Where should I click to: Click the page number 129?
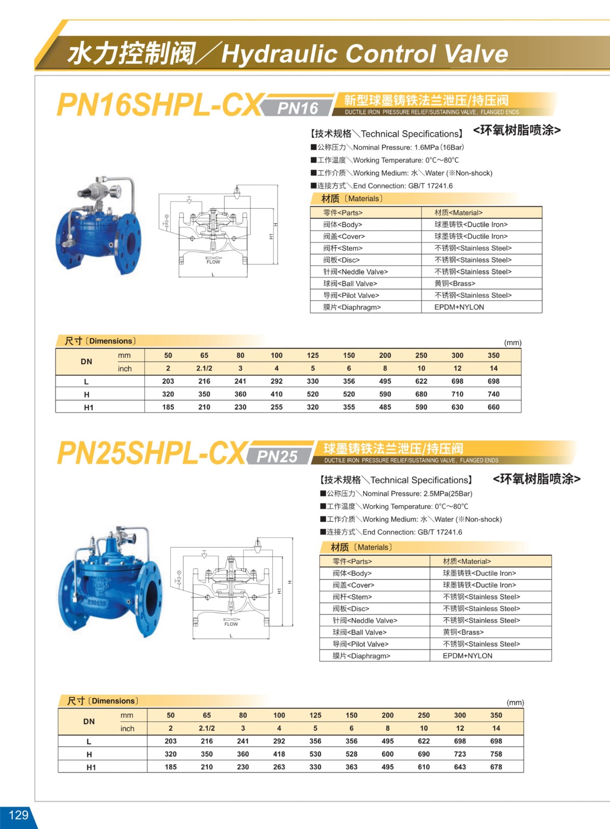18,815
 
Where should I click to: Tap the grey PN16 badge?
298,108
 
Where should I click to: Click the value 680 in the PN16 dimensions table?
421,394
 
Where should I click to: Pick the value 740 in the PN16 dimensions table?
493,394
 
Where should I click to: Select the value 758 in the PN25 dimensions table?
496,754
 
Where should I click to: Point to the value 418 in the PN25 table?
279,754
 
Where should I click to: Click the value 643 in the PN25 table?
460,767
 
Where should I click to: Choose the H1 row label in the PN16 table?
89,408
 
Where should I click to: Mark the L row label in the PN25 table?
89,742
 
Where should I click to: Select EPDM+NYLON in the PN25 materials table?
468,656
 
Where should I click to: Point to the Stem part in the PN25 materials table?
352,597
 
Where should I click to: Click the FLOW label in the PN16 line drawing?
213,262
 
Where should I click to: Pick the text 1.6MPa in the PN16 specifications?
427,148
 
